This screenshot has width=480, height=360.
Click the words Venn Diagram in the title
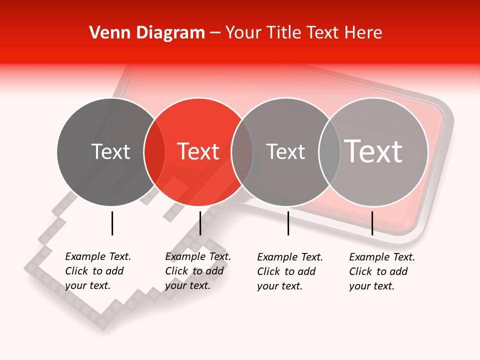pyautogui.click(x=147, y=33)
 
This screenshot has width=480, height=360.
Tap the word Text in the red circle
pyautogui.click(x=198, y=151)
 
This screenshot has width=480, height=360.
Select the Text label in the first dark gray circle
pyautogui.click(x=111, y=151)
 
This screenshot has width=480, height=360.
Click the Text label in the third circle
pyautogui.click(x=285, y=151)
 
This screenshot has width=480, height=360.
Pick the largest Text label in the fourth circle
pyautogui.click(x=373, y=151)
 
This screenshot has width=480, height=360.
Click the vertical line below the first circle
pyautogui.click(x=112, y=223)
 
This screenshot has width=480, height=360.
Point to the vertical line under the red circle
pyautogui.click(x=200, y=223)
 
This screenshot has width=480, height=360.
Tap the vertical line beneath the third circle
pyautogui.click(x=288, y=223)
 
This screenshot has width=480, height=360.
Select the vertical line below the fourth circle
pyautogui.click(x=372, y=223)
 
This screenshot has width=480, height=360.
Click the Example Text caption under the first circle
pyautogui.click(x=98, y=271)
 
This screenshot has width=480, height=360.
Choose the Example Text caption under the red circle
pyautogui.click(x=198, y=271)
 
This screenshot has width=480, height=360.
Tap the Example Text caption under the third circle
pyautogui.click(x=290, y=271)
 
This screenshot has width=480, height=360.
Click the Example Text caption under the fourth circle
pyautogui.click(x=382, y=271)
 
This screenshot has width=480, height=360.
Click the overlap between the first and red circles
pyautogui.click(x=154, y=152)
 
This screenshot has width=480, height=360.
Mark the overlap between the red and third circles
pyautogui.click(x=242, y=152)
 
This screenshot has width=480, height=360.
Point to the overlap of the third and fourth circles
pyautogui.click(x=329, y=152)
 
